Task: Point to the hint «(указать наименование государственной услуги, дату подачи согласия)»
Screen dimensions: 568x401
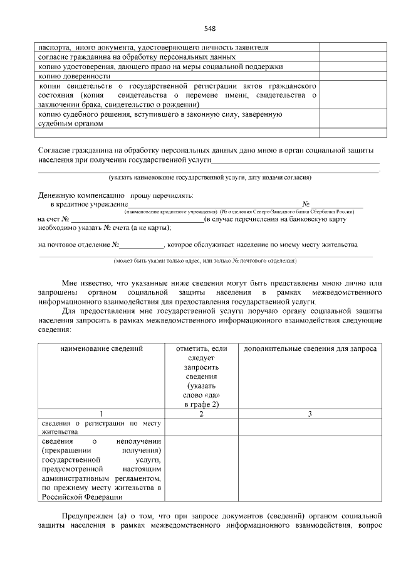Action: click(x=210, y=178)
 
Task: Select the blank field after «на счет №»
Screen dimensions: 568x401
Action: click(x=138, y=219)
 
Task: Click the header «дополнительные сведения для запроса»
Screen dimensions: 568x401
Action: click(x=310, y=348)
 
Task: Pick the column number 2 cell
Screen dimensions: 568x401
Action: click(x=201, y=414)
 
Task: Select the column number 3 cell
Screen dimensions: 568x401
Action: click(x=310, y=414)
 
